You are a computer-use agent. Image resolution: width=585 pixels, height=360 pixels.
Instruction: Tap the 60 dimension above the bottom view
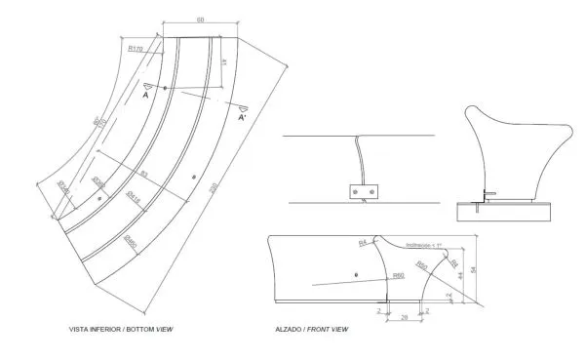(x=200, y=19)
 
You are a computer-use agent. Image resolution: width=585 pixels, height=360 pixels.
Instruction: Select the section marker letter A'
(x=242, y=117)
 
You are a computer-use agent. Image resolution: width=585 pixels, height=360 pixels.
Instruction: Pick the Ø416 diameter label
(x=136, y=196)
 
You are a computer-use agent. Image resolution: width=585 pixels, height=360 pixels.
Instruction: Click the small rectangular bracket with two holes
(x=364, y=191)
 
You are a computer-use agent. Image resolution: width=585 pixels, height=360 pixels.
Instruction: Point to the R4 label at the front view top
(x=363, y=241)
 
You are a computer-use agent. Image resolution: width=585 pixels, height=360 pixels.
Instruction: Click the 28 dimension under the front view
(x=403, y=318)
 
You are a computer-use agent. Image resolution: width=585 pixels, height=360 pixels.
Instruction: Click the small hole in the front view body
(x=357, y=276)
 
